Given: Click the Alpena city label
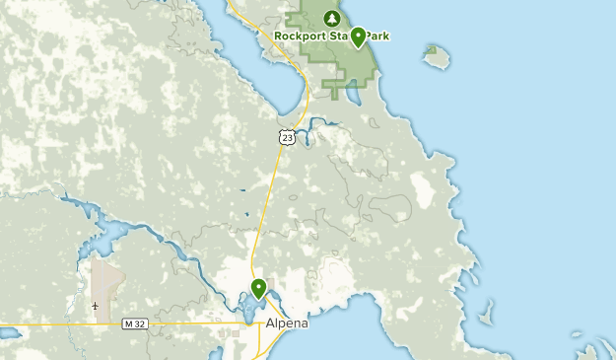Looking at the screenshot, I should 287,323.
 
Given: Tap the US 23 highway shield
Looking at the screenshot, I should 286,137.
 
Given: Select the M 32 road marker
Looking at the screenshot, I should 135,324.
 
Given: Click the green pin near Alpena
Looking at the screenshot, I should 258,288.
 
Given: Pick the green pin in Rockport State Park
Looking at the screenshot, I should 358,37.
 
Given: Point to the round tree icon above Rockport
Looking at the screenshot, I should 331,18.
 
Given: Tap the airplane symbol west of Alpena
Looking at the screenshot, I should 95,305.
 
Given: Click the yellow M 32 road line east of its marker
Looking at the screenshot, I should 197,323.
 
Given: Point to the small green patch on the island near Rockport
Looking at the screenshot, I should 431,49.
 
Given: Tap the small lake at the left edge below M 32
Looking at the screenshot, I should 8,333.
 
